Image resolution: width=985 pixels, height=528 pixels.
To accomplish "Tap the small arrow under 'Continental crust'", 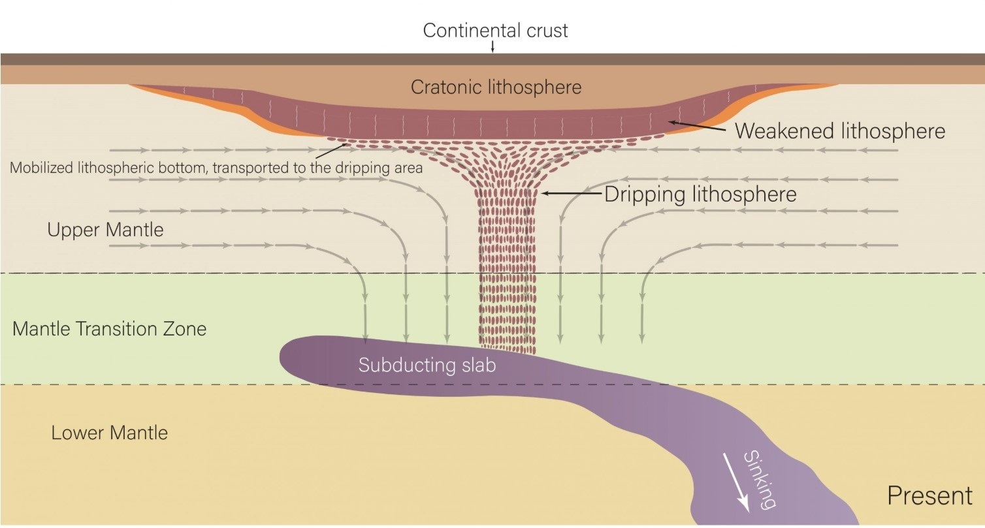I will click(x=492, y=47).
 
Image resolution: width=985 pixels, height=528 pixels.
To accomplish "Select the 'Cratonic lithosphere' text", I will click(x=496, y=87).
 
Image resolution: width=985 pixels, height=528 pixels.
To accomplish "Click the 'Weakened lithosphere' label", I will click(x=840, y=131).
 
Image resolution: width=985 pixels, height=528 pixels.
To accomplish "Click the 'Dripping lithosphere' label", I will click(x=701, y=194).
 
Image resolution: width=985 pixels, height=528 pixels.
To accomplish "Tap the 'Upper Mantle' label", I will click(x=105, y=230).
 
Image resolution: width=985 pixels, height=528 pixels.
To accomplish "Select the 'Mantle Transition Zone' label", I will click(x=109, y=328).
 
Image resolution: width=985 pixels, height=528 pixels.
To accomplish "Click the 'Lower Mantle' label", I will click(x=110, y=433).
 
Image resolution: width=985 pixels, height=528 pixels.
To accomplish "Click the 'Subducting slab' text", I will click(x=427, y=365).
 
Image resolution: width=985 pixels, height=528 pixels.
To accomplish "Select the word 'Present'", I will click(x=929, y=496).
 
